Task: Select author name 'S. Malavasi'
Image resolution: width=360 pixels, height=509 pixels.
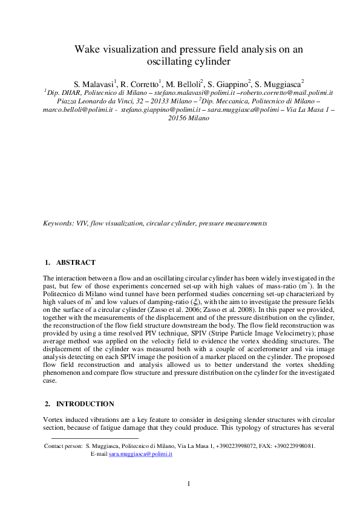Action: point(94,83)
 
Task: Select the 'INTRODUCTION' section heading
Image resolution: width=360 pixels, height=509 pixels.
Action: point(85,403)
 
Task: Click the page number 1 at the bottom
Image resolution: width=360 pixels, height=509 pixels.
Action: point(189,483)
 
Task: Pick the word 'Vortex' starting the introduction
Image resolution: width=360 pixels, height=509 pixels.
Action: point(53,420)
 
